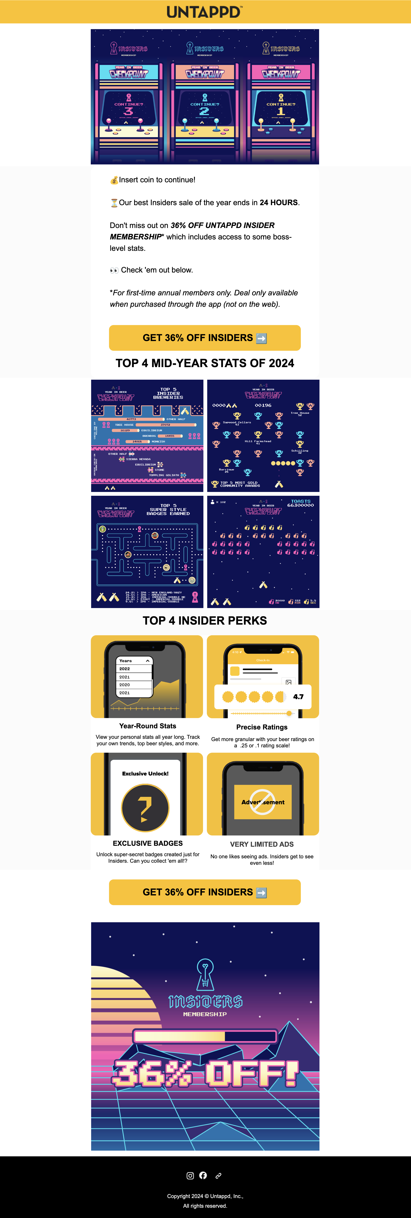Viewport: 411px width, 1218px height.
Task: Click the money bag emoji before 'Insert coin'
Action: pyautogui.click(x=114, y=180)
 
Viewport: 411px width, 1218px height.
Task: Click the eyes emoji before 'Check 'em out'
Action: pyautogui.click(x=114, y=270)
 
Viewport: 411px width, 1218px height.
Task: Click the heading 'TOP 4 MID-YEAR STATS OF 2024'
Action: pyautogui.click(x=205, y=363)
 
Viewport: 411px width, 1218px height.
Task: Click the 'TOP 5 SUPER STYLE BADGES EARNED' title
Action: pyautogui.click(x=168, y=509)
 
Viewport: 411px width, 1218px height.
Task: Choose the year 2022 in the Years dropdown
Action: pyautogui.click(x=125, y=669)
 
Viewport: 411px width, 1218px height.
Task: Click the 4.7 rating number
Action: pyautogui.click(x=298, y=697)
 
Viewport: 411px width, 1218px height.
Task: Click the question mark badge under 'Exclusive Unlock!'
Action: pyautogui.click(x=145, y=807)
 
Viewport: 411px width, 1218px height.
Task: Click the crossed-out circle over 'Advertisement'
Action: pyautogui.click(x=263, y=802)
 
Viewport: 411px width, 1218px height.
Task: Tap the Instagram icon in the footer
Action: pyautogui.click(x=190, y=1176)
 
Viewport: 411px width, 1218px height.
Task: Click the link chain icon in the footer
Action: pyautogui.click(x=218, y=1176)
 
